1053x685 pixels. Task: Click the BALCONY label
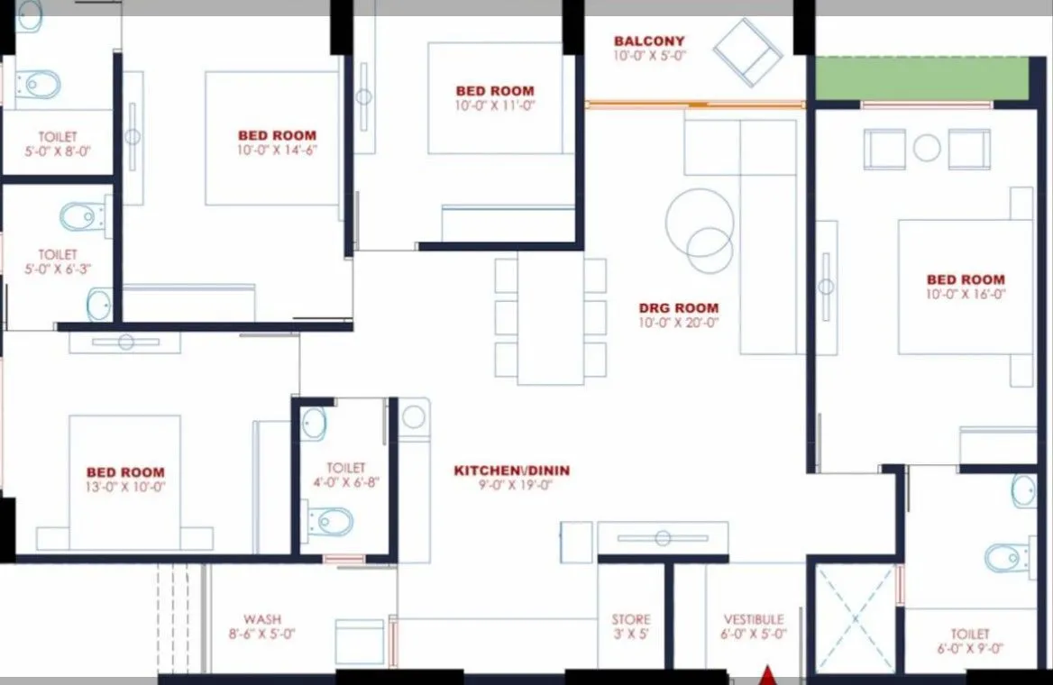click(649, 41)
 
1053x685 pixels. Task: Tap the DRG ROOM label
click(678, 308)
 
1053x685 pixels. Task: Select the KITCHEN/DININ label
click(511, 470)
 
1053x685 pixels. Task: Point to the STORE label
click(630, 620)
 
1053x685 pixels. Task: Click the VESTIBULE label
click(755, 620)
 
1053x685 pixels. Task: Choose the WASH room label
click(261, 620)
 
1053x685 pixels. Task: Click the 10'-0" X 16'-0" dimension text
click(965, 294)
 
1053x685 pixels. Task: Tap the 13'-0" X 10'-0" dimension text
click(125, 487)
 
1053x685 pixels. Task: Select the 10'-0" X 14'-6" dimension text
click(277, 150)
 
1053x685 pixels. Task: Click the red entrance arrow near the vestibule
click(767, 675)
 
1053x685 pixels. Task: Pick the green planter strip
click(921, 78)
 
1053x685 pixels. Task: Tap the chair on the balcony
click(747, 52)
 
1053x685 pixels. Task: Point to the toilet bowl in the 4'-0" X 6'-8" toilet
click(331, 521)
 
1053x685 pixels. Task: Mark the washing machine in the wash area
click(359, 642)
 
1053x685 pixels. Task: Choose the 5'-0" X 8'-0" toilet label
click(58, 144)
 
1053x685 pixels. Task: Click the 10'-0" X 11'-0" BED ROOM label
click(495, 91)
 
